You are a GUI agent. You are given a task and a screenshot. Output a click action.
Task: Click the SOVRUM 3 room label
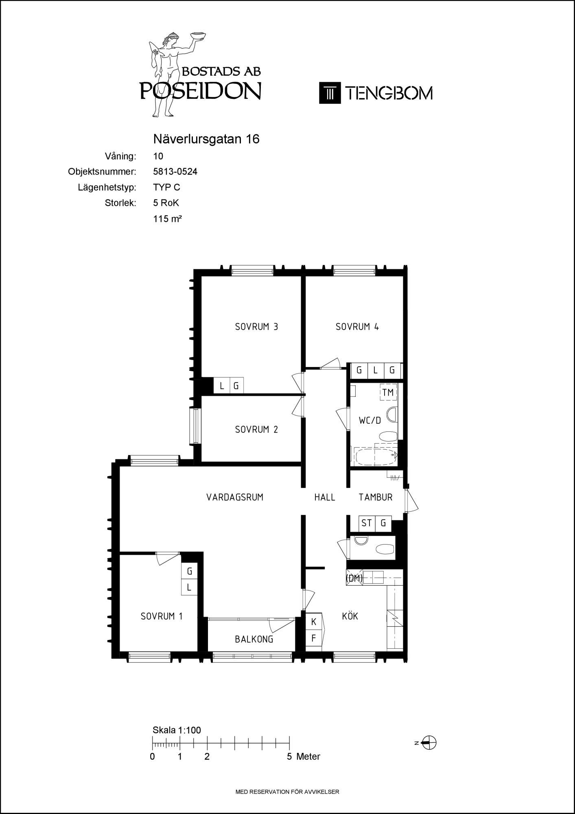pos(256,326)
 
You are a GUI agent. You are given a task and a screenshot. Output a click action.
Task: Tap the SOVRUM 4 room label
pos(357,326)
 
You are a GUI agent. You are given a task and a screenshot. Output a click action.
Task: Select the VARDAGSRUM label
pos(235,497)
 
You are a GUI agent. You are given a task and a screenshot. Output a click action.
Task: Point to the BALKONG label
pos(254,639)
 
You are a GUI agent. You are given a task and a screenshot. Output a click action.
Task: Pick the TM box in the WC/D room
pos(388,392)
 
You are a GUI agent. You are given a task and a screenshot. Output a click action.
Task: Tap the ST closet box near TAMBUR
pos(367,523)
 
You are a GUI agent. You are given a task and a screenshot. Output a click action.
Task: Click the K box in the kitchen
pos(314,621)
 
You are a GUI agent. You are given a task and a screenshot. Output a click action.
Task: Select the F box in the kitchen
pos(314,638)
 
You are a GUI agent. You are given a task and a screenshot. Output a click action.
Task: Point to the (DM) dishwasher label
pos(354,578)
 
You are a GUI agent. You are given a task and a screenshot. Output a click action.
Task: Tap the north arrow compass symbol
pos(429,742)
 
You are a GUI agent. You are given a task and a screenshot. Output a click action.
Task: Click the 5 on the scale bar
pos(289,756)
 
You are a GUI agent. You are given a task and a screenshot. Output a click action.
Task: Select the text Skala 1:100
pos(177,730)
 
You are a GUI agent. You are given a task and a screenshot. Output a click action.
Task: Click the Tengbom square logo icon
pos(330,93)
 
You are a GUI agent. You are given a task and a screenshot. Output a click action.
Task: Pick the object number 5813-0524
pos(175,172)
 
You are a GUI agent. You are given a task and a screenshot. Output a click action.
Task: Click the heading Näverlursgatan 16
pos(206,139)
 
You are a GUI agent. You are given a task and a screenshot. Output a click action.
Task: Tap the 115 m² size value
pos(167,219)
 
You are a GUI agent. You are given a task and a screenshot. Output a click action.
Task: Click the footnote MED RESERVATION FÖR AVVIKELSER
pos(287,792)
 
